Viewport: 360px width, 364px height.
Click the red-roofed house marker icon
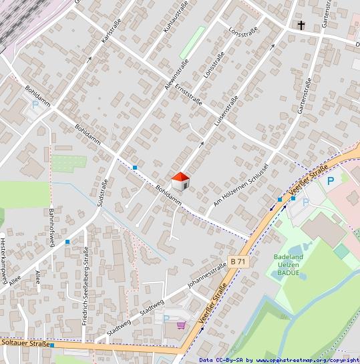181,181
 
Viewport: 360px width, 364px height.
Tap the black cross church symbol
301,26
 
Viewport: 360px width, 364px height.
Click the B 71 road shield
238,261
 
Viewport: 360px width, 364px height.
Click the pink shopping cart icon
181,325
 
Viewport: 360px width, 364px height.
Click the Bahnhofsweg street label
51,226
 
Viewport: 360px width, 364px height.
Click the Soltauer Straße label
27,343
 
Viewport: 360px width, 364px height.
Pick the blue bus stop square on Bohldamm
135,167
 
